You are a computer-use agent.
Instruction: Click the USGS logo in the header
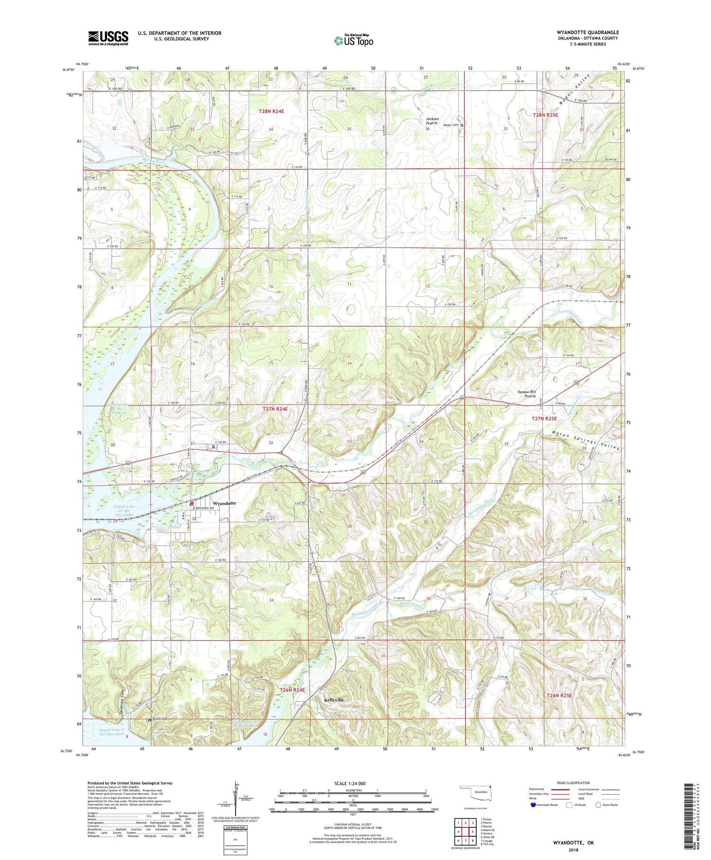(108, 38)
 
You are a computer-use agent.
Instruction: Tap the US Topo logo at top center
(353, 41)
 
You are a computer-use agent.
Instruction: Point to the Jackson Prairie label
(432, 121)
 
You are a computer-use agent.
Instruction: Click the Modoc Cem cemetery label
(451, 125)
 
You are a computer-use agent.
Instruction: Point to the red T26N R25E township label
(559, 695)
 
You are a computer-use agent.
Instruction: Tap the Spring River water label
(155, 161)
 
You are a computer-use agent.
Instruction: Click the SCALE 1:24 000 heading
(353, 783)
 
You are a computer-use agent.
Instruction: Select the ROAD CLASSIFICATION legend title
(574, 783)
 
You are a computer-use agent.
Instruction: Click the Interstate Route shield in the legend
(533, 805)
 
